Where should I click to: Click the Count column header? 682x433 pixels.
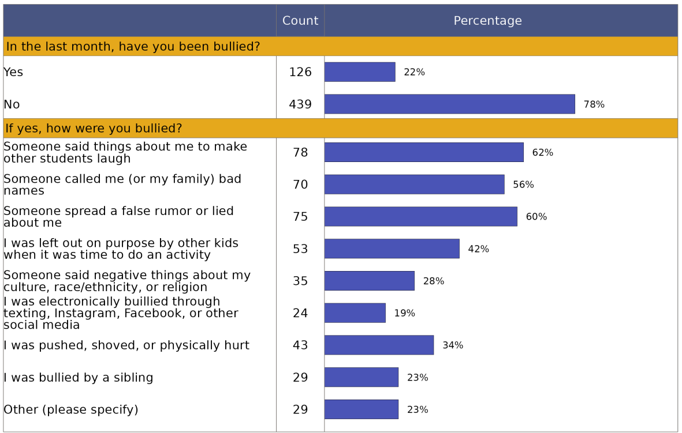[300, 21]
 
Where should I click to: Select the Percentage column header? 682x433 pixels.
[487, 21]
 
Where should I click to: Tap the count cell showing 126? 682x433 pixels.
[300, 72]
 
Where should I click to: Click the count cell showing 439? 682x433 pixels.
[300, 104]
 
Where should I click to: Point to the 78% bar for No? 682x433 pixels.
[449, 104]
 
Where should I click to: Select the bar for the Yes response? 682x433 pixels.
[360, 72]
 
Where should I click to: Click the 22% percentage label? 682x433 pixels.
[414, 72]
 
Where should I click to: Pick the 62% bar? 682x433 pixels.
[424, 152]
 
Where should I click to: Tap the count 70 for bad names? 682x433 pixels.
[300, 185]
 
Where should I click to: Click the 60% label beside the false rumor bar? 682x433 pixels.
[536, 217]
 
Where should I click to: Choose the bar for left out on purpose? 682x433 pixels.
[392, 249]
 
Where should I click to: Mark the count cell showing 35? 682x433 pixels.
[300, 281]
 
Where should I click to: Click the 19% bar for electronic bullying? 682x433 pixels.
[355, 313]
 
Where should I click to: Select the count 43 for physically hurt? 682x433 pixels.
[300, 345]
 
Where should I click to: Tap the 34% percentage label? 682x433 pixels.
[453, 345]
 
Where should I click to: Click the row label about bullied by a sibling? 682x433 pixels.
[79, 378]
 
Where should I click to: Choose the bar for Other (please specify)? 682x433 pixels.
[361, 410]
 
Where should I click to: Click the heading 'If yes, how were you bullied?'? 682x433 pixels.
[94, 128]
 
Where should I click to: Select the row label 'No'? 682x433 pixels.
[12, 104]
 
